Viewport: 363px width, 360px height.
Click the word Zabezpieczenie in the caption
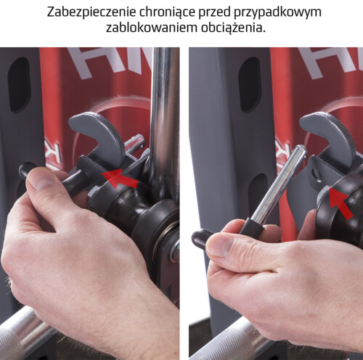tap(91, 12)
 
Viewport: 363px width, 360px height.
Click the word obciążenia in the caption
tap(233, 28)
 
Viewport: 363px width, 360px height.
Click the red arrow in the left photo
tap(121, 179)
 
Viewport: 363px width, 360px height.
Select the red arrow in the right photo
tap(339, 202)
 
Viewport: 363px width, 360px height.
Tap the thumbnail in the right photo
tap(219, 245)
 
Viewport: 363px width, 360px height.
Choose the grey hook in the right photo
tap(325, 136)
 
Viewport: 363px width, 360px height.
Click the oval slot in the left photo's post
tap(18, 85)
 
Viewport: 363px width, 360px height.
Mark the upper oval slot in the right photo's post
tap(249, 85)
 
